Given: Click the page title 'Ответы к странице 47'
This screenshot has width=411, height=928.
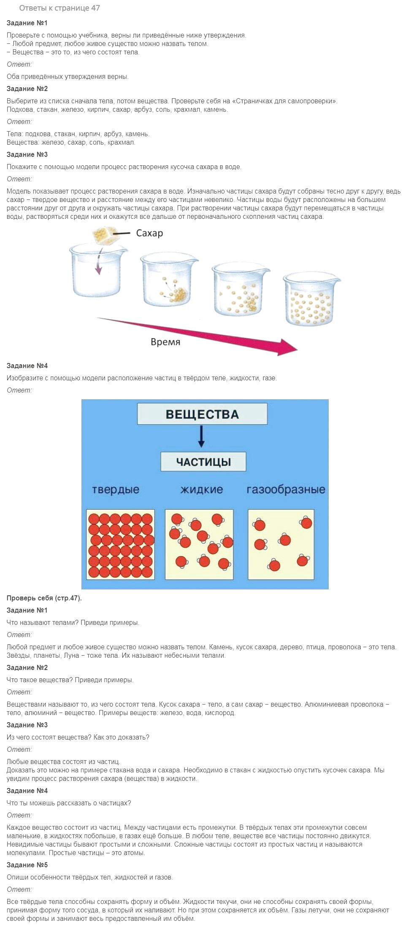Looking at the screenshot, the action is [x=59, y=8].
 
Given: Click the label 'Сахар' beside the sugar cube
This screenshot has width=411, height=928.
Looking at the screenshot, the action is [x=149, y=233].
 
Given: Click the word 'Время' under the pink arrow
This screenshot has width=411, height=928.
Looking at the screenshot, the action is [x=165, y=342].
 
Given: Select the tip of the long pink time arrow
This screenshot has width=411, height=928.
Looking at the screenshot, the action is [x=297, y=350].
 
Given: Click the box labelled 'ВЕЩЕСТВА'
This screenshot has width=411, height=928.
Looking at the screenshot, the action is [x=202, y=414].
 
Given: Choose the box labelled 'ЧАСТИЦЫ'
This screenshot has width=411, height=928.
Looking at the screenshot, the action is [x=203, y=462].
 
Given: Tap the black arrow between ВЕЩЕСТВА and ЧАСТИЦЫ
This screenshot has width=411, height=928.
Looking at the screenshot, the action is [x=201, y=436].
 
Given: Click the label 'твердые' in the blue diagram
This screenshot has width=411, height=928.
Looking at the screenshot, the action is [x=116, y=490].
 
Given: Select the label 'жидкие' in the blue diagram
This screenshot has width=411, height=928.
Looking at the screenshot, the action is [x=201, y=490].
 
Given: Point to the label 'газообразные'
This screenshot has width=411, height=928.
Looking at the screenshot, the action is [x=286, y=490].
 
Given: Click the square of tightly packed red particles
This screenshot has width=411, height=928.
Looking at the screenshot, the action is [x=121, y=544].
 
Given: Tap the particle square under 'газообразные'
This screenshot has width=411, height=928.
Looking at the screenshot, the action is [x=281, y=544].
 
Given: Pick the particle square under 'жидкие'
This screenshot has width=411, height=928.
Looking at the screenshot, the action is [x=199, y=544].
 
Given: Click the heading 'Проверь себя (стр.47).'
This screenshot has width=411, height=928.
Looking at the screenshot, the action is [x=44, y=598].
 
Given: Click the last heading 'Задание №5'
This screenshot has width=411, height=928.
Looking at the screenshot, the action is [x=27, y=865].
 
